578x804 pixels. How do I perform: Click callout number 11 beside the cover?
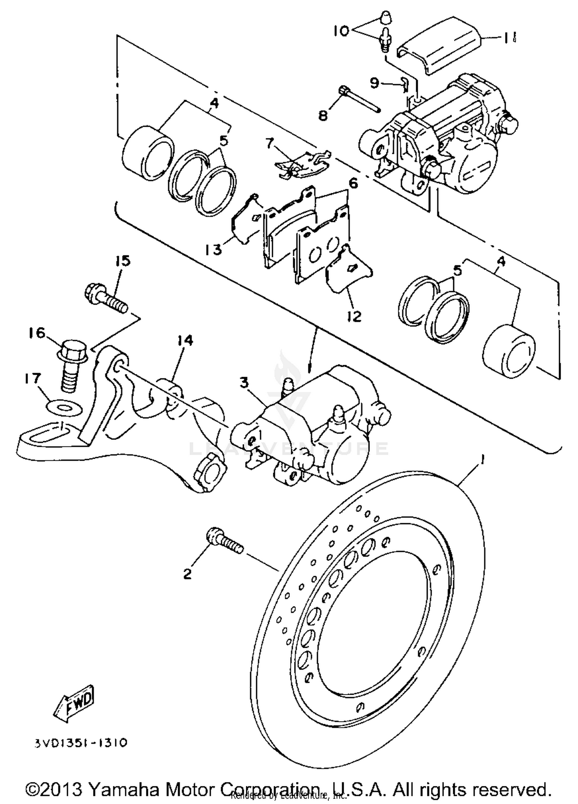click(508, 37)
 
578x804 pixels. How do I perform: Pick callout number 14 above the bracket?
click(185, 341)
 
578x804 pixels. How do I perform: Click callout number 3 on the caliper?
click(244, 383)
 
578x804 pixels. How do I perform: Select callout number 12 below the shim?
click(354, 316)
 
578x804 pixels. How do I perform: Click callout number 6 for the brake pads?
click(353, 183)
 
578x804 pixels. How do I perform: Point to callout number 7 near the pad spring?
click(269, 144)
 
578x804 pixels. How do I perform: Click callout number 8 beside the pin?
click(323, 114)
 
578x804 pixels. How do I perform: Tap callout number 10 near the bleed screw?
click(341, 30)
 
